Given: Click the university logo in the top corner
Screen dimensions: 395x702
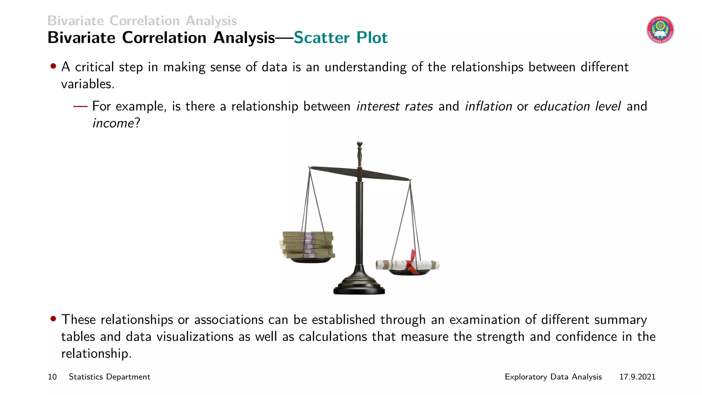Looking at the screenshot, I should tap(660, 30).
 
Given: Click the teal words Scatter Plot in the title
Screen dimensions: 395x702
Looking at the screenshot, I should tap(340, 38).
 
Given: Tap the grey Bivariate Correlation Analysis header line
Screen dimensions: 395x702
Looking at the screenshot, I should tap(142, 21).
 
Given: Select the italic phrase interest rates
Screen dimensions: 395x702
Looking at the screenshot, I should tap(395, 106).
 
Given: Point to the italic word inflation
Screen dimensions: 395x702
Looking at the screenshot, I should tap(488, 106).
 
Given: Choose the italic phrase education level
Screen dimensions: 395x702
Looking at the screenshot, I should tap(577, 106).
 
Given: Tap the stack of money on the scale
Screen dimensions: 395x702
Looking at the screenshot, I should tap(307, 244).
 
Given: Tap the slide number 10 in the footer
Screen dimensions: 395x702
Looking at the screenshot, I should tap(52, 377).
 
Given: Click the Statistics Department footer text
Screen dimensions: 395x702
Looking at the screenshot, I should tap(109, 377).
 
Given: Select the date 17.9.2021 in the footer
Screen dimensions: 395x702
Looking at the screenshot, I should tap(637, 377).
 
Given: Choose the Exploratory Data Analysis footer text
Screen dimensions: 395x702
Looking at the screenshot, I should tap(553, 377).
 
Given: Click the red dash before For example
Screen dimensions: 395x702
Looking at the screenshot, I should tap(81, 107).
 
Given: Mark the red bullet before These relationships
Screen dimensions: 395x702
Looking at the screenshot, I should tap(53, 319).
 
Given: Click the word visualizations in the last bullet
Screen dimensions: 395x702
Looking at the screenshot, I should tap(195, 337).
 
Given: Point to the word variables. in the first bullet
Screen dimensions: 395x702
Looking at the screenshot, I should tap(88, 84).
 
